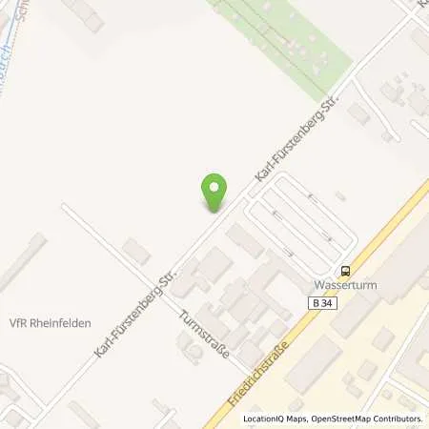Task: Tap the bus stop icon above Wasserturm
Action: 345,270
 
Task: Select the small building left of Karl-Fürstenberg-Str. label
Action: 136,252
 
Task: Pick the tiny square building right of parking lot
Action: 340,196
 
